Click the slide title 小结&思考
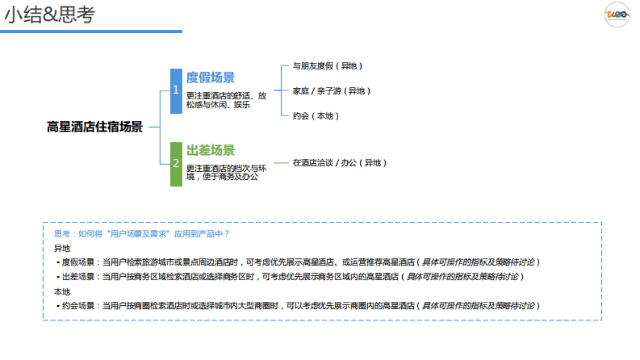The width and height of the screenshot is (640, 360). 49,15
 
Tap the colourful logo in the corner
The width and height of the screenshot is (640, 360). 617,14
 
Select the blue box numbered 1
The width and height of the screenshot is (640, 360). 176,91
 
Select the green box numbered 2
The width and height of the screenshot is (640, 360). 176,164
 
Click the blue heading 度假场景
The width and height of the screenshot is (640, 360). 211,78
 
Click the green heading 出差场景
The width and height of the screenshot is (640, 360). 211,150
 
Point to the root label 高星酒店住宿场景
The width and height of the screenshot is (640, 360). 95,127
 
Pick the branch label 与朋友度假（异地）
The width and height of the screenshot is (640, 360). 328,66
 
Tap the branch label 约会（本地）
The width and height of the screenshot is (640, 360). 316,116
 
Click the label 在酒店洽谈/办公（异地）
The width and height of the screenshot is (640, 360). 340,163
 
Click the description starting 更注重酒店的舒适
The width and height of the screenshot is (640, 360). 226,100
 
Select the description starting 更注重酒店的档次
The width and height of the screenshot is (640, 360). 226,172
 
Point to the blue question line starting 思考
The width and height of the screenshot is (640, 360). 142,234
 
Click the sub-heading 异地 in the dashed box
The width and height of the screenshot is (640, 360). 62,249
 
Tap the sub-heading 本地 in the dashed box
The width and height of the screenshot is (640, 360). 62,292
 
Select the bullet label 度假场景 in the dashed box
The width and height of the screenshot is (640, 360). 78,262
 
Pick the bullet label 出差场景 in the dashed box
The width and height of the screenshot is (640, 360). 78,277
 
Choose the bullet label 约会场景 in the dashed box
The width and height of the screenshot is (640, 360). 78,306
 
